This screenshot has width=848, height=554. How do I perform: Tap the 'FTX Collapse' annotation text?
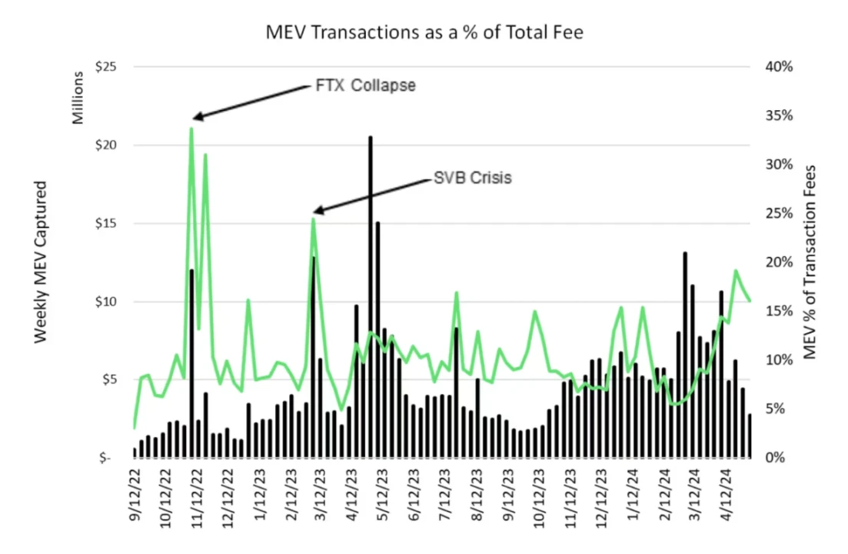(x=366, y=85)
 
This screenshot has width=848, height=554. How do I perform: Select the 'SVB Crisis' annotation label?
(x=472, y=178)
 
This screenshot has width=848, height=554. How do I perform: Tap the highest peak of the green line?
(x=191, y=128)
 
